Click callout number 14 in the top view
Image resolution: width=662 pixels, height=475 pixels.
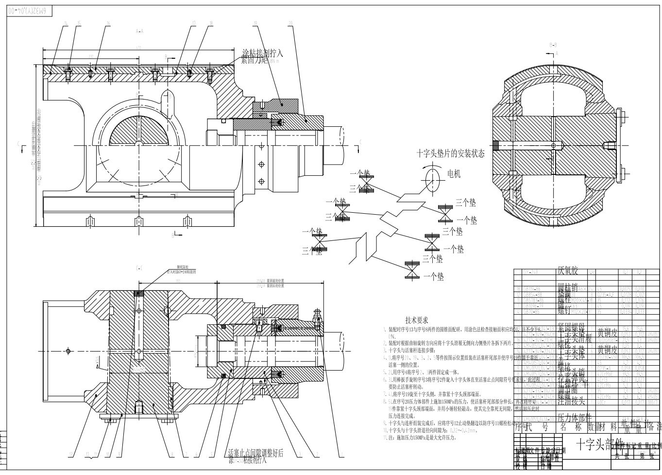[x=65, y=23]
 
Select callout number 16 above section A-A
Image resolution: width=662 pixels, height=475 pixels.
[x=108, y=23]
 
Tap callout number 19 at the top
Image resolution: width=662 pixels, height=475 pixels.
[x=255, y=23]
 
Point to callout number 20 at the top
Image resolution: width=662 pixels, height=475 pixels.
[x=290, y=23]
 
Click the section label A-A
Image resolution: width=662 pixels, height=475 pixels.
[x=140, y=31]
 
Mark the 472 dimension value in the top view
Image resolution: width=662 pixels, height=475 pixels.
[x=138, y=48]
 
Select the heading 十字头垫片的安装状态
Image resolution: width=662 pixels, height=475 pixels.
[x=450, y=153]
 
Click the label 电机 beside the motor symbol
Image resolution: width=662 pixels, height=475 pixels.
[x=454, y=173]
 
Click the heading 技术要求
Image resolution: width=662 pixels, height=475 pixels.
[x=417, y=320]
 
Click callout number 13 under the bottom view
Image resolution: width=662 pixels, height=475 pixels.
[x=70, y=454]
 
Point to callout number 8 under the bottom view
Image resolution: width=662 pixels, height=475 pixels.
[x=172, y=454]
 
